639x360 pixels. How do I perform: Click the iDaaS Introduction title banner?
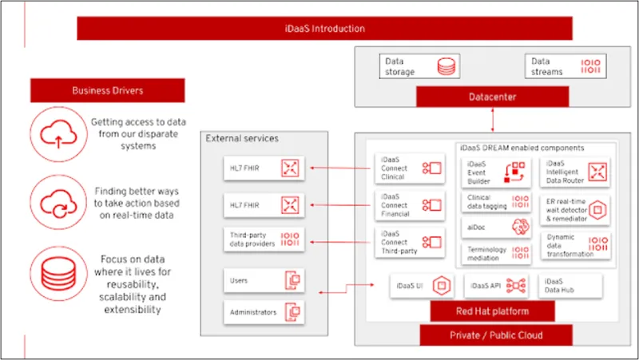[325, 29]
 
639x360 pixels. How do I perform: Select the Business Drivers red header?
[107, 90]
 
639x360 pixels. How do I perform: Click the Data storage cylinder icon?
[445, 66]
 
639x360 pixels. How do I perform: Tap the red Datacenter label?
[493, 97]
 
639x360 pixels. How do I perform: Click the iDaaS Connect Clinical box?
[409, 168]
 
